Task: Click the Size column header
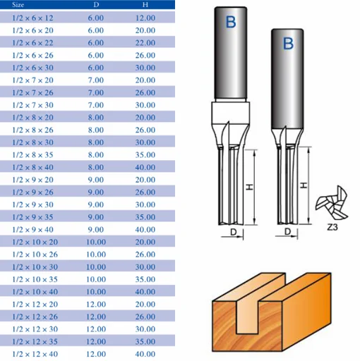18,5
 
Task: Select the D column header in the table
96,5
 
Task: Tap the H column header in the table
145,5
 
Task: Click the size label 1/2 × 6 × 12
32,18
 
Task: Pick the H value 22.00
145,43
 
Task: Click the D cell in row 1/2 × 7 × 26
96,92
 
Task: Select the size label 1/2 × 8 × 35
32,154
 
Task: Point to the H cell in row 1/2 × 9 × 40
145,229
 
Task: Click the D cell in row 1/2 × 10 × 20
96,242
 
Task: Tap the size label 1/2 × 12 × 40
35,354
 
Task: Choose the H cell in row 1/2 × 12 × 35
145,341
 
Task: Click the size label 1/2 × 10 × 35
35,279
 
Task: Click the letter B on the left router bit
231,22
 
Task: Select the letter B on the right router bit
288,44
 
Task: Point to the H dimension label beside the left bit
249,187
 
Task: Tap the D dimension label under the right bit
287,231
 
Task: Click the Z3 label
332,227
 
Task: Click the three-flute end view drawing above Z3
332,203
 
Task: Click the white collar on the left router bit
230,112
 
